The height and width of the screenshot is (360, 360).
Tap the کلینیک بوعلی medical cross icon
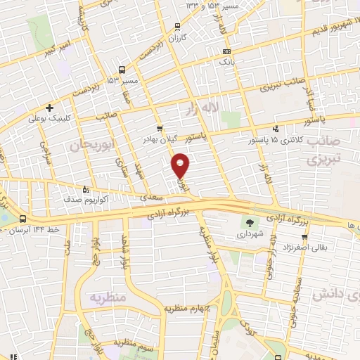pyautogui.click(x=49, y=108)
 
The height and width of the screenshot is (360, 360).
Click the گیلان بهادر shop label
pyautogui.click(x=178, y=139)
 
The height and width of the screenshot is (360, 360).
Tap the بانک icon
pyautogui.click(x=226, y=51)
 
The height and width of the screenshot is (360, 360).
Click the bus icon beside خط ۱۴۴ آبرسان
pyautogui.click(x=23, y=219)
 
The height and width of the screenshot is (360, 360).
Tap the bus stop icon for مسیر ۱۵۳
pyautogui.click(x=122, y=70)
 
